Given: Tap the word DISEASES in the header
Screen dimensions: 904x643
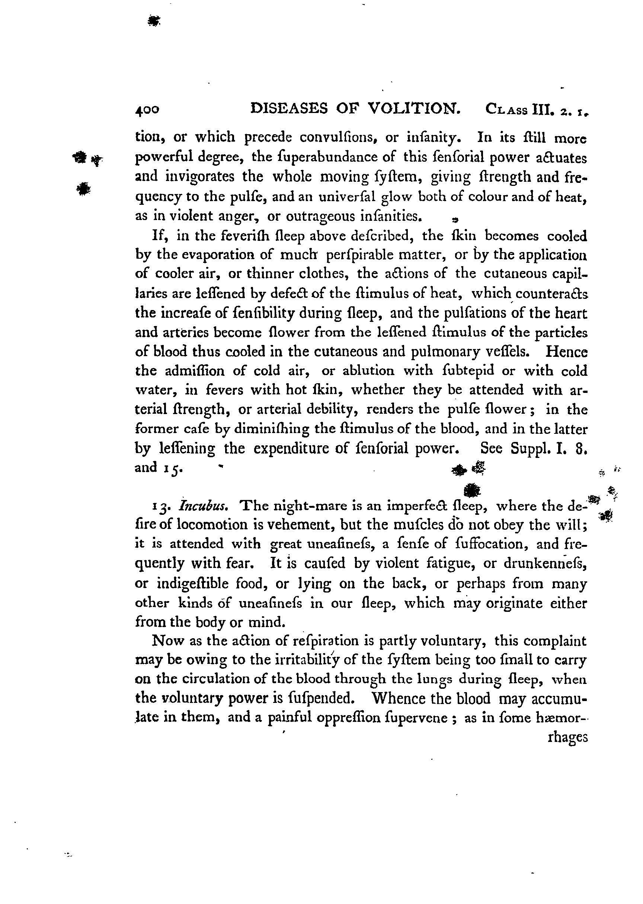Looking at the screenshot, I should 289,108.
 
